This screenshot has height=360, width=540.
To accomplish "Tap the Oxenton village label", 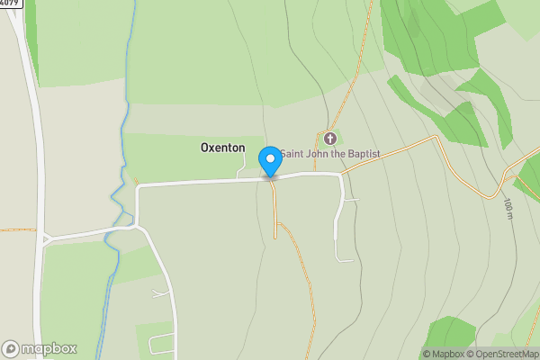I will [x=222, y=147].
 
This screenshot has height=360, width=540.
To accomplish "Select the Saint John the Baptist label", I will [x=329, y=154].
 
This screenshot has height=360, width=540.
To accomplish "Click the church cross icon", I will [x=330, y=139].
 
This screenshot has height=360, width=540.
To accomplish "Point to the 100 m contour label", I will [x=508, y=208].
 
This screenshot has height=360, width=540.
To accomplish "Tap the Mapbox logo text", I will [x=49, y=349].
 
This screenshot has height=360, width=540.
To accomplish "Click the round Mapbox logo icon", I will [x=11, y=349].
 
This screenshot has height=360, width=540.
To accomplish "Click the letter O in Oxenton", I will [x=205, y=147].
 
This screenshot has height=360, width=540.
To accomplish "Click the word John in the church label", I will [x=317, y=154].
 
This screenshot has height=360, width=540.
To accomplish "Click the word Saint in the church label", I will [x=292, y=154].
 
